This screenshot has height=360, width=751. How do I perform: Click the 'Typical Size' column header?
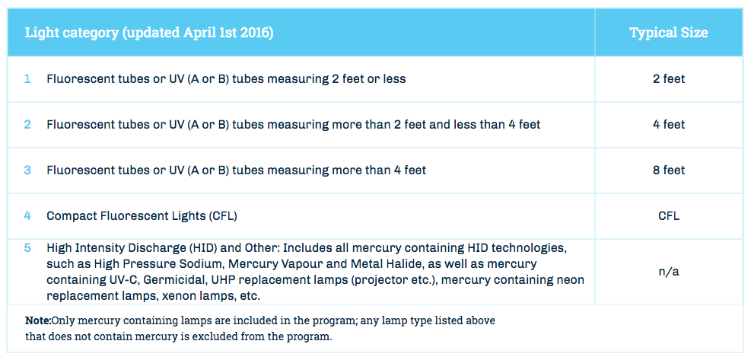tap(669, 33)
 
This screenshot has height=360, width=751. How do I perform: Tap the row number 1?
tap(27, 79)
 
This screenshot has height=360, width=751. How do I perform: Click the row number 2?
tap(27, 125)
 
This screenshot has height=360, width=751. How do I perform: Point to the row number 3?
tap(27, 170)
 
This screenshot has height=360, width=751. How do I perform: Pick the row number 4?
tap(27, 215)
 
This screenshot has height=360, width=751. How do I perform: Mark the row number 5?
tap(27, 248)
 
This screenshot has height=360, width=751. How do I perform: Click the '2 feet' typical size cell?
tap(669, 79)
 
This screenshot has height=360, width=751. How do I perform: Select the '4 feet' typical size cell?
tap(669, 125)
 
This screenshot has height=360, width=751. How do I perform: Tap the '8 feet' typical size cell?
tap(669, 170)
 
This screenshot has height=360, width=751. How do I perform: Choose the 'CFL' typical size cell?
tap(669, 215)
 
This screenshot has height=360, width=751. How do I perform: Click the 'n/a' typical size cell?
tap(669, 272)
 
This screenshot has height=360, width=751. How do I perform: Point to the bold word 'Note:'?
tap(38, 320)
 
